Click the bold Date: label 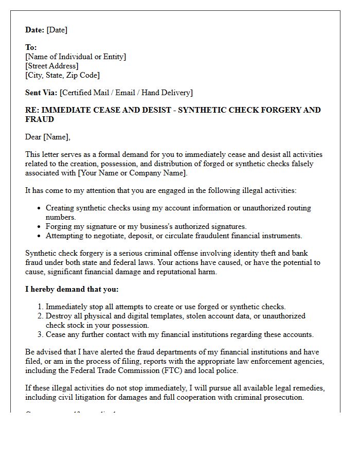(35, 30)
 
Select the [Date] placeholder (57, 30)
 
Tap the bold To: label (31, 47)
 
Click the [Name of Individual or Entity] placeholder (76, 57)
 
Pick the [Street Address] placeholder (52, 66)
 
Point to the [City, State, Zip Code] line (63, 75)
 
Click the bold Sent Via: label (41, 93)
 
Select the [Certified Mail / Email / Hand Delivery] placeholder (127, 93)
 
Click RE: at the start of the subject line (31, 110)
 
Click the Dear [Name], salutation (48, 137)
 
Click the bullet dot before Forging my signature (40, 227)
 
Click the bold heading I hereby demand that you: (72, 289)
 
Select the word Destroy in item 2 (59, 316)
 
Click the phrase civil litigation (85, 397)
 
